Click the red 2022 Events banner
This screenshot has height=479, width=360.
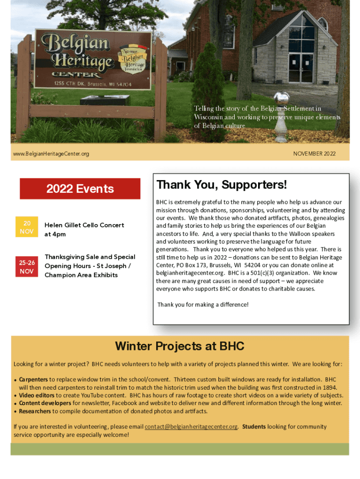tap(80, 189)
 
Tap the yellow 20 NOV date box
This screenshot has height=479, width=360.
tap(27, 227)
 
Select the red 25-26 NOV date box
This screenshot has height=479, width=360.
tap(27, 267)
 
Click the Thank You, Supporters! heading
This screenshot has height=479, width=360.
tap(222, 185)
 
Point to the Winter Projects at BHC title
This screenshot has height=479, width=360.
tap(180, 346)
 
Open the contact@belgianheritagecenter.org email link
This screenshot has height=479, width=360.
tap(191, 427)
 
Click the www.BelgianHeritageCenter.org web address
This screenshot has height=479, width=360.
tap(51, 154)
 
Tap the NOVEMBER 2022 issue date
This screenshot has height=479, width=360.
tap(314, 153)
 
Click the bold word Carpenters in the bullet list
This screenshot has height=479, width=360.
tap(33, 380)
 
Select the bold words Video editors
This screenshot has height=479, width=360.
tap(36, 395)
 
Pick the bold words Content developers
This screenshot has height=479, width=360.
tap(45, 403)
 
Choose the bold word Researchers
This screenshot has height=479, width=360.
tap(35, 411)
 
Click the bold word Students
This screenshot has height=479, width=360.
tap(254, 427)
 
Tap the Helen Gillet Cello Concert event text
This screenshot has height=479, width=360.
tap(84, 225)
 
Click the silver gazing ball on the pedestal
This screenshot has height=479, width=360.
tap(281, 99)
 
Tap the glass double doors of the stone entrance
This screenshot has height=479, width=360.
tap(301, 68)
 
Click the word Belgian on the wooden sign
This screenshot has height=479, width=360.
tap(75, 43)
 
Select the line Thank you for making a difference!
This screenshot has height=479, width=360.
tap(203, 305)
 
